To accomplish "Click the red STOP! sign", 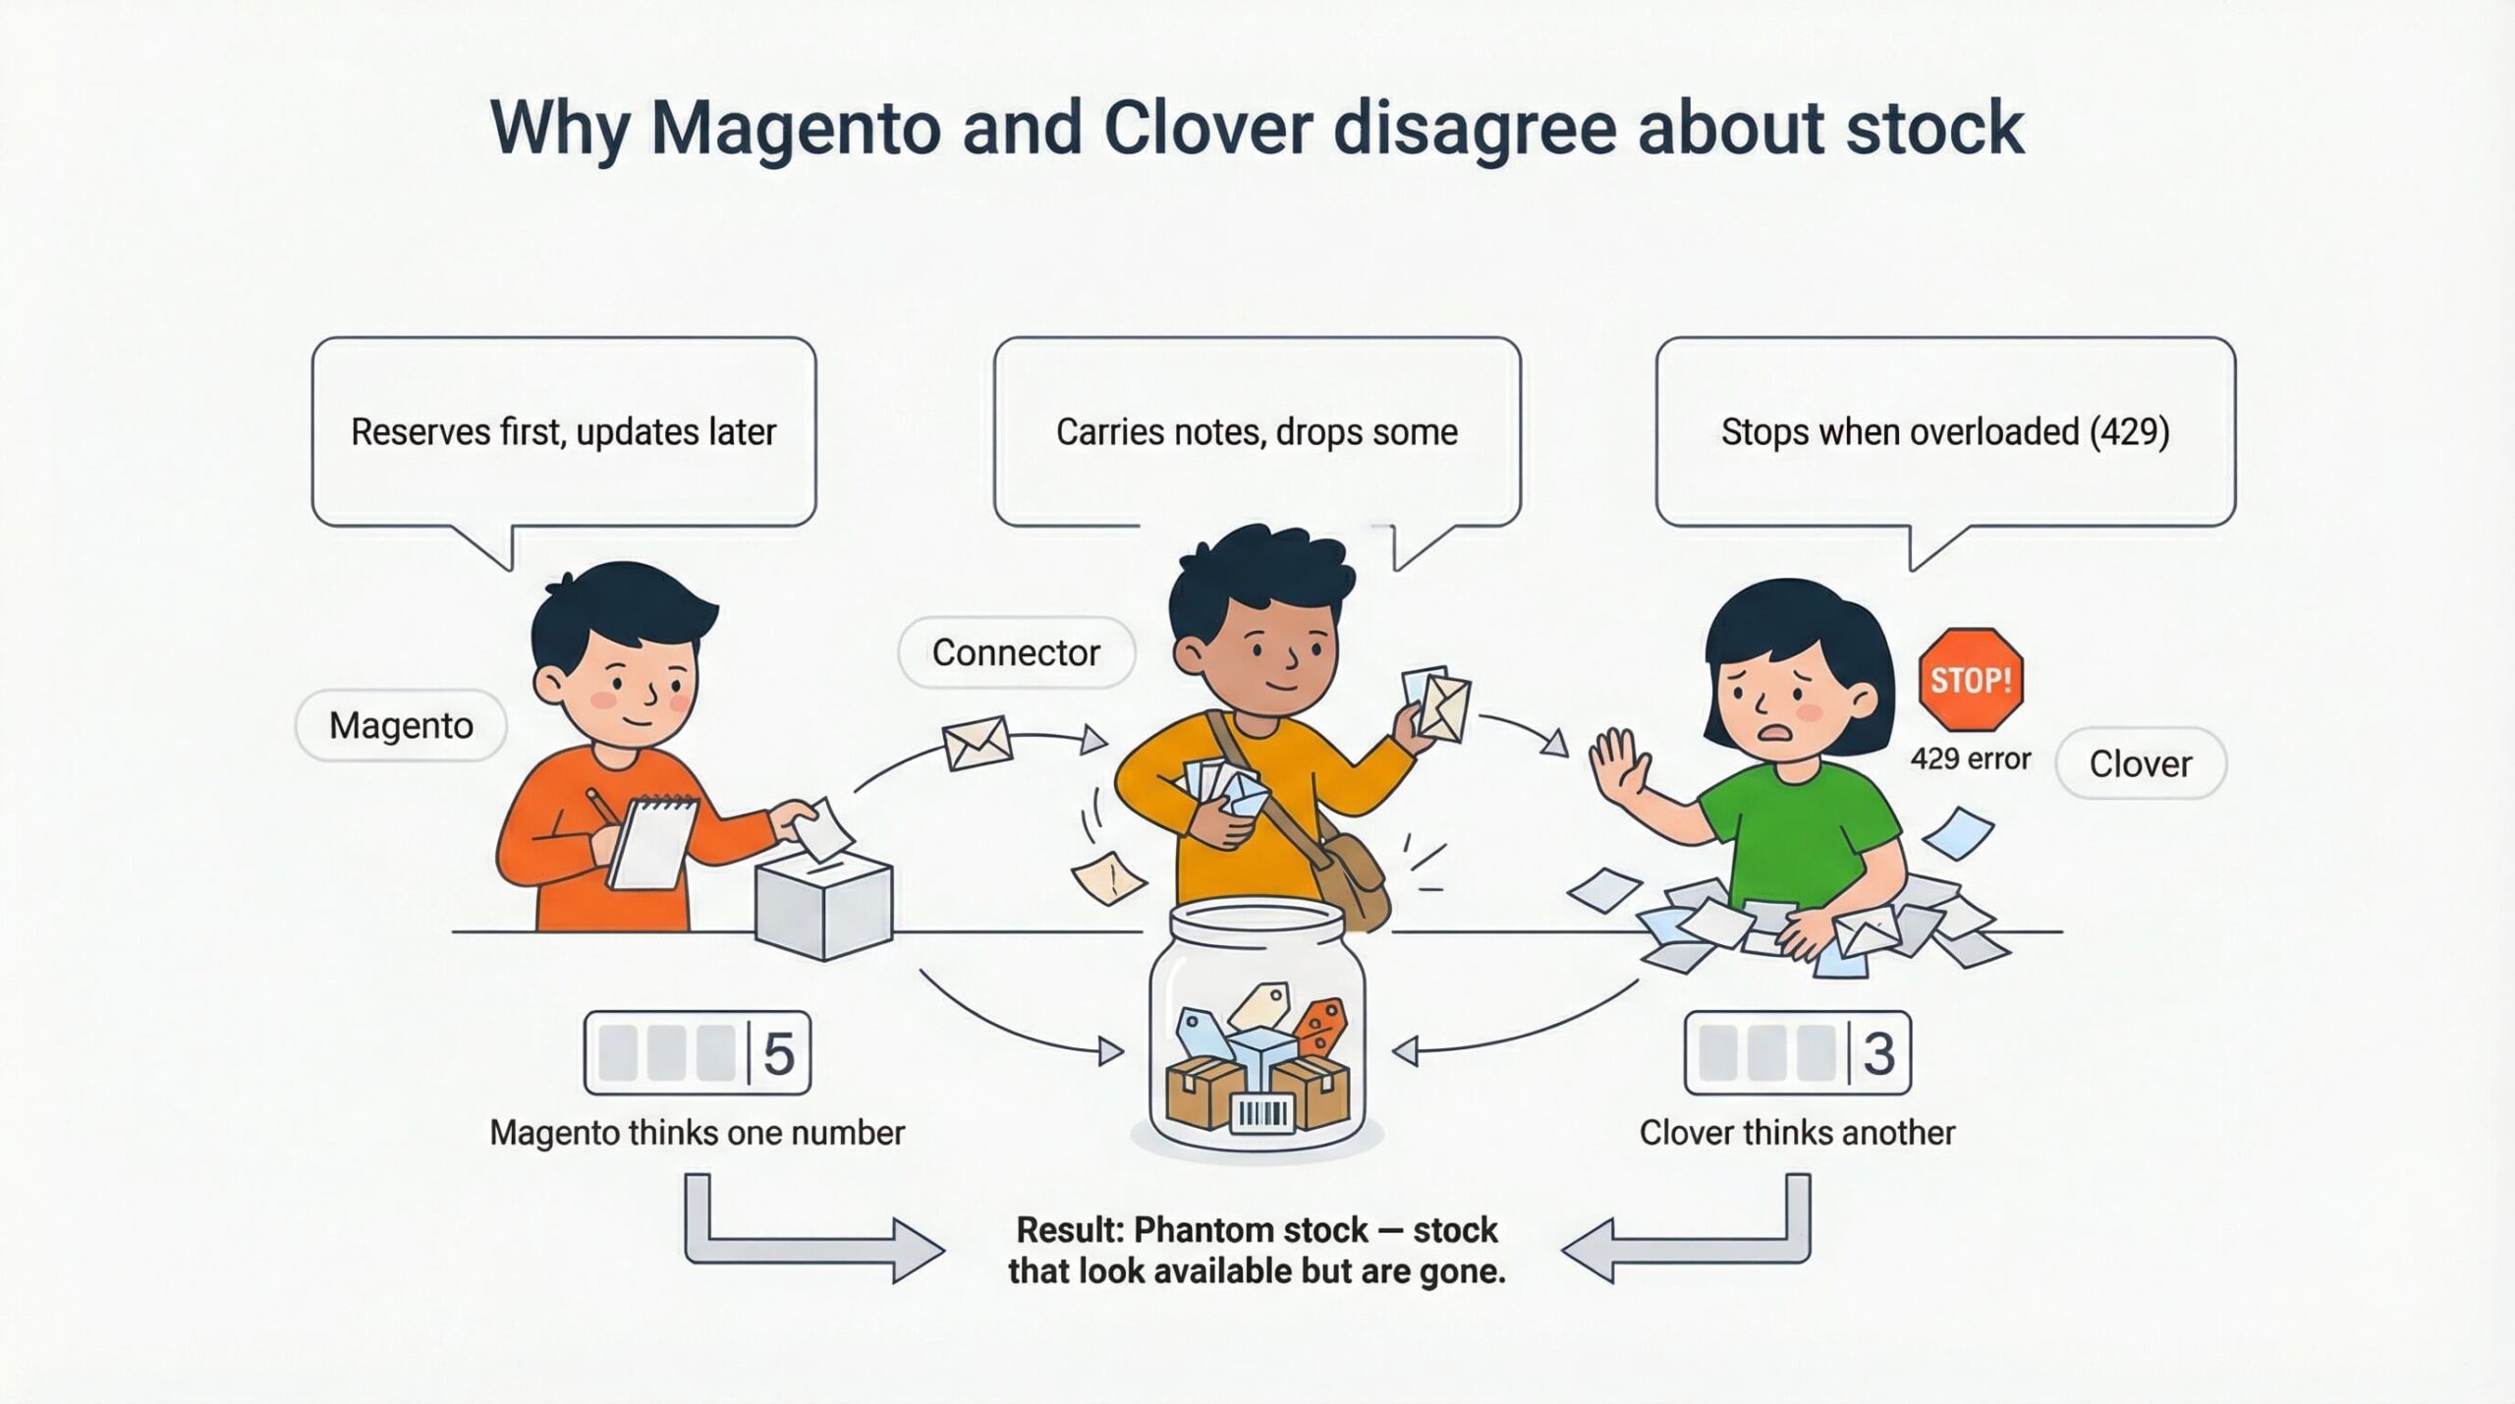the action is (1970, 680).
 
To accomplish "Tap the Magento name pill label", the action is (401, 726).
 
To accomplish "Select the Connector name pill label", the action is (1016, 652).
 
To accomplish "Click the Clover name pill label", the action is (2141, 763).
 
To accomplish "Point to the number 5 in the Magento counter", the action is (778, 1053).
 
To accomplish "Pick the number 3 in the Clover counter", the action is (1878, 1053).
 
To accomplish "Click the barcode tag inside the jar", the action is (1261, 1112).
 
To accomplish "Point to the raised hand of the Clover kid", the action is (1620, 765).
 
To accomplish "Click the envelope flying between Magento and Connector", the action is (977, 743).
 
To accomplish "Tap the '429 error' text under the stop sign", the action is (1970, 758).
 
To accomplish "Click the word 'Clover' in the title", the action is (1207, 128).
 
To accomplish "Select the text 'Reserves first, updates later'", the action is (563, 432).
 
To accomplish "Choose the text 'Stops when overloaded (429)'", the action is (1945, 432).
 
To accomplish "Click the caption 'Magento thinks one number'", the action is (697, 1133).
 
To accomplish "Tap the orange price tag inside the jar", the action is (1320, 1026).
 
